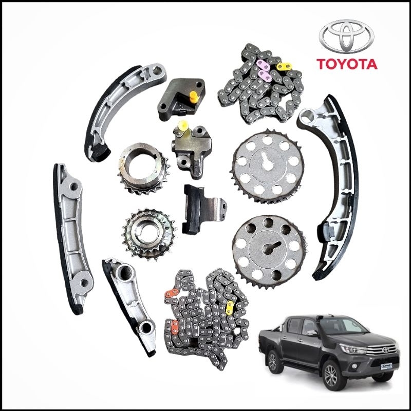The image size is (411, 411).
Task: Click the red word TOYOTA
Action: [347, 64]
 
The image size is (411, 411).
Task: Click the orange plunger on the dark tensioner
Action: [194, 97]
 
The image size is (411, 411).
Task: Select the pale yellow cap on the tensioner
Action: [183, 126]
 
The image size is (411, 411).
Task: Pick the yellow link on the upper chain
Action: [284, 66]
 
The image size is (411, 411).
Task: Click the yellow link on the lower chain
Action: [230, 308]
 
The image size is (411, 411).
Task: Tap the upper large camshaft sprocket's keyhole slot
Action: [267, 160]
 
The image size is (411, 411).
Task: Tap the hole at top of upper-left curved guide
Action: [158, 70]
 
